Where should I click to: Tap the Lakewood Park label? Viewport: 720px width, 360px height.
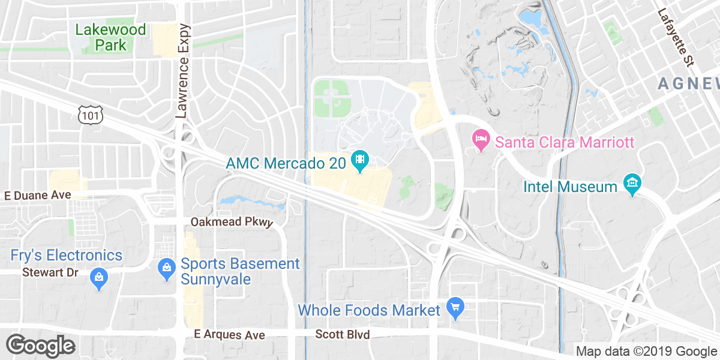pos(111,37)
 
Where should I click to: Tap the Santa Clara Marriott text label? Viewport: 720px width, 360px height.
pos(565,143)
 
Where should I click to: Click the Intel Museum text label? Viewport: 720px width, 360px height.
pos(570,187)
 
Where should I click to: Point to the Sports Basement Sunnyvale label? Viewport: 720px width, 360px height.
pos(240,271)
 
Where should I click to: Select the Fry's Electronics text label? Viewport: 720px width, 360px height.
pos(67,255)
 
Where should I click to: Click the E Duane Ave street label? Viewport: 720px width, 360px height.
pos(37,195)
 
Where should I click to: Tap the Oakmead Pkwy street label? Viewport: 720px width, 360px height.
pos(232,222)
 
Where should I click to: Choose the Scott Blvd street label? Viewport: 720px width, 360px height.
pos(343,334)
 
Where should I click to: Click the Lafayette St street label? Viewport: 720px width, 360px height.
pos(676,37)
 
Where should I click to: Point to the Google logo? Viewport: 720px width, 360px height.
pos(40,346)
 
